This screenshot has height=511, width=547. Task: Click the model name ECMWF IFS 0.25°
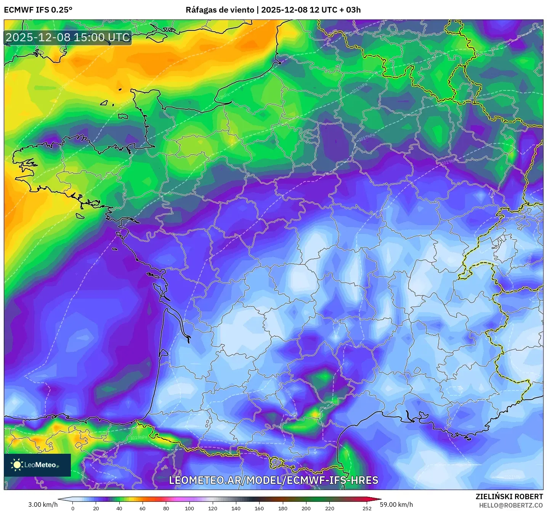click(x=38, y=10)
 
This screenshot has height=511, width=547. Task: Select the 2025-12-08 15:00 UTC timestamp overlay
click(x=68, y=37)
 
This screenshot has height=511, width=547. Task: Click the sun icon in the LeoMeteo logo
click(x=17, y=464)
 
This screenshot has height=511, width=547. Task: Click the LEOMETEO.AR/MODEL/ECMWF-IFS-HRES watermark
click(x=273, y=480)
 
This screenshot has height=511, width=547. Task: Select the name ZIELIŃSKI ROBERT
click(x=509, y=496)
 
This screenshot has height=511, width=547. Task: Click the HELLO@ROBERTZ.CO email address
click(x=511, y=505)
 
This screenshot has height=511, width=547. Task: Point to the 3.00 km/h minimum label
click(x=43, y=505)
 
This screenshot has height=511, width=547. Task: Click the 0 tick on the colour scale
click(x=73, y=508)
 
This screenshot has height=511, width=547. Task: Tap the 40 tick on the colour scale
click(x=119, y=508)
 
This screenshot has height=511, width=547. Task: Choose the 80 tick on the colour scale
click(x=166, y=508)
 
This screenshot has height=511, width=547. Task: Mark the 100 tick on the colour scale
click(x=189, y=508)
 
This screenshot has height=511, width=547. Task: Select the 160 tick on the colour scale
click(x=259, y=508)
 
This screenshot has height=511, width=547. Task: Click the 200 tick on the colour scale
click(x=306, y=508)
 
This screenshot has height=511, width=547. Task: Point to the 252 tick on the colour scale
click(x=367, y=508)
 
